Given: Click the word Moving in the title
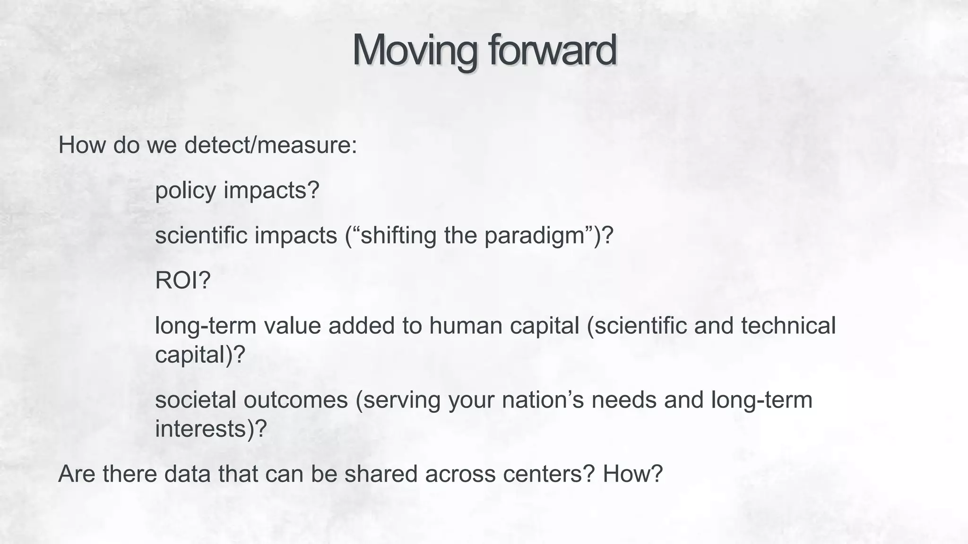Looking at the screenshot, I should (415, 50).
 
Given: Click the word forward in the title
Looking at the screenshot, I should (552, 50).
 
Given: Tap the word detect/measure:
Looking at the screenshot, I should (270, 145).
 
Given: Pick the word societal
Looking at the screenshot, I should (195, 400).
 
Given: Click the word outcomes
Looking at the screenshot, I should (295, 400).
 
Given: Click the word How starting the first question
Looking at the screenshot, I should (82, 145).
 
